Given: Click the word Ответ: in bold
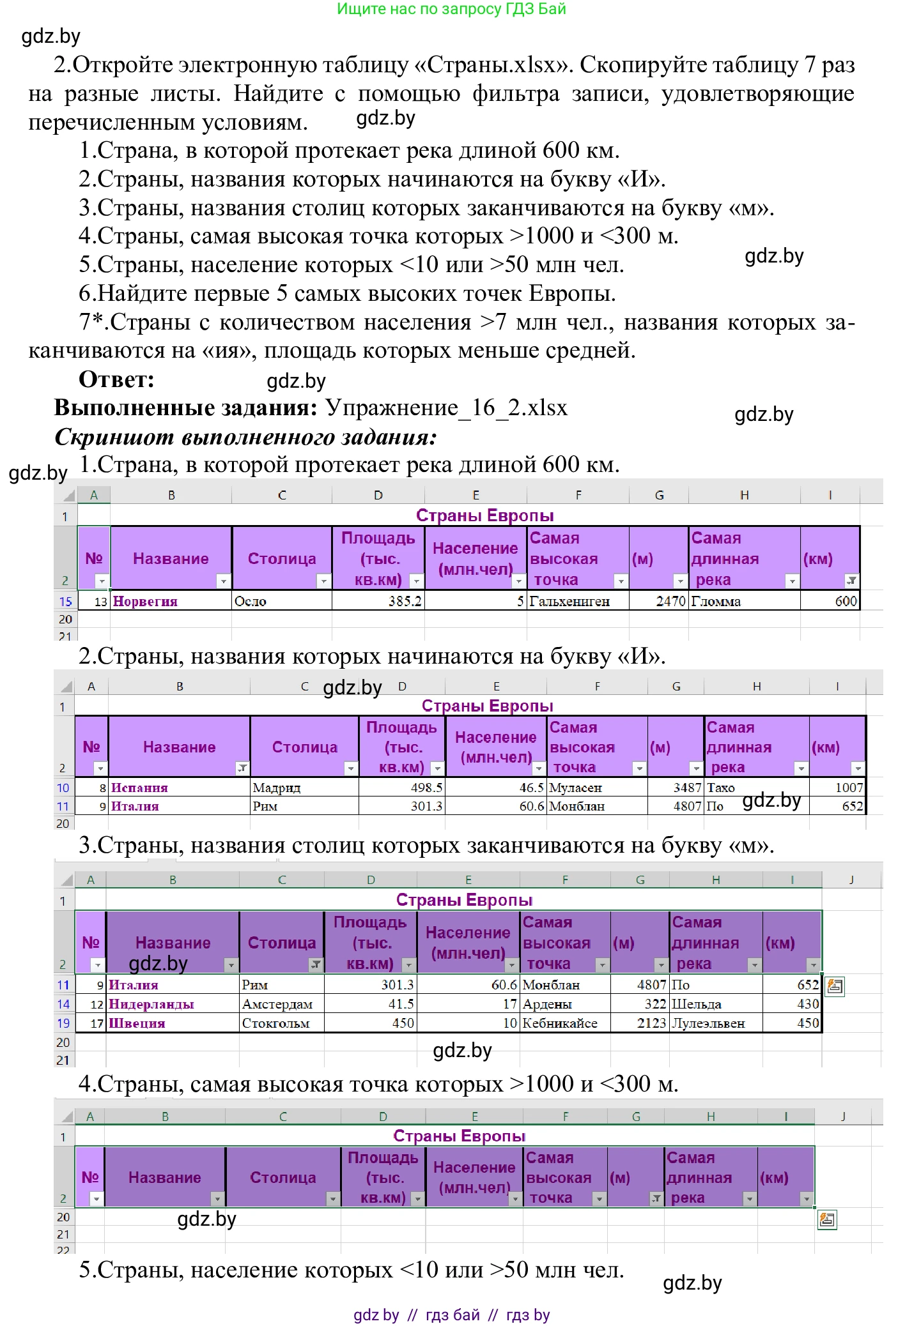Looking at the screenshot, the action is click(x=116, y=379).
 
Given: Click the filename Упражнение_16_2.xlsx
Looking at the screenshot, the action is click(x=446, y=408).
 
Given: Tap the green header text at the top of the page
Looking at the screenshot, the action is click(x=451, y=9).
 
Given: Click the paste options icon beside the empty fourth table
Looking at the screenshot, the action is click(x=827, y=1220).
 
